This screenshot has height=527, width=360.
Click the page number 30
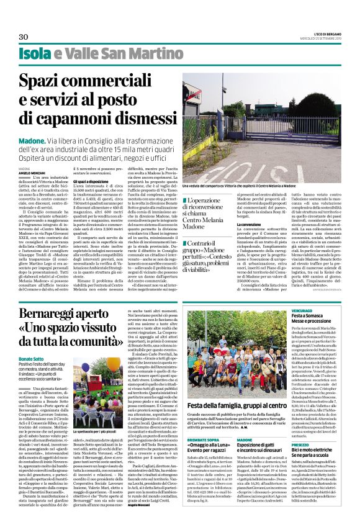pos(24,37)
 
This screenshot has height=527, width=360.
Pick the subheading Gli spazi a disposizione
pos(93,181)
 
